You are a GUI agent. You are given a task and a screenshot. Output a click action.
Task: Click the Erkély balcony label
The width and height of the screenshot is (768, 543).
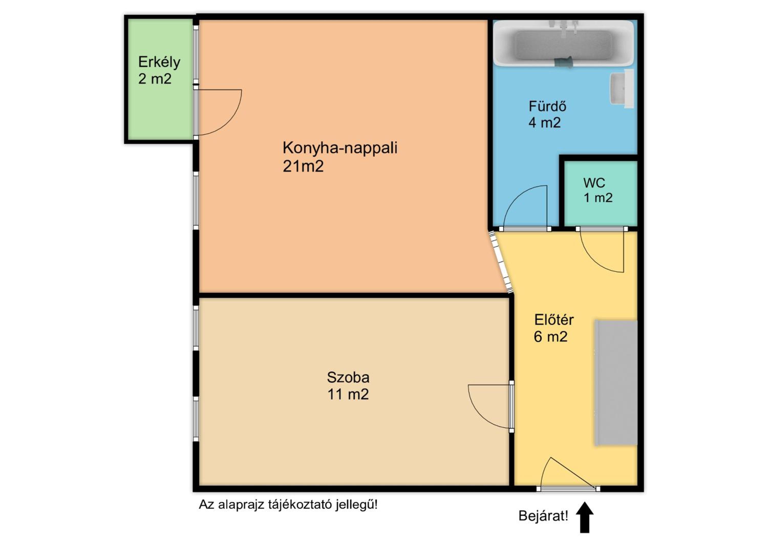coord(159,62)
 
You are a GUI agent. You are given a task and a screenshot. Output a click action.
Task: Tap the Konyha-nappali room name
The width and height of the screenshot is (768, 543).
coord(340,148)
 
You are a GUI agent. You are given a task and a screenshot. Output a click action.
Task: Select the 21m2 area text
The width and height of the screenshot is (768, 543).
coord(303,166)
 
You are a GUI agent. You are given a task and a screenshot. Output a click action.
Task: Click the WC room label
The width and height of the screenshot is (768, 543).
coord(594,183)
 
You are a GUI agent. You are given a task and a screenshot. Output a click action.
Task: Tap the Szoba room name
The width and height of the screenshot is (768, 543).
coord(348,377)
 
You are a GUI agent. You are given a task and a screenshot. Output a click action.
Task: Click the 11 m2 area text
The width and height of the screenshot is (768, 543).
coord(348,395)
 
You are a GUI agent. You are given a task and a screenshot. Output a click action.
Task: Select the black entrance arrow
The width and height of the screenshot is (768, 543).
coord(585,517)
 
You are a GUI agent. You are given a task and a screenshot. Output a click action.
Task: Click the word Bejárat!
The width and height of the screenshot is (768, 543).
coord(543,516)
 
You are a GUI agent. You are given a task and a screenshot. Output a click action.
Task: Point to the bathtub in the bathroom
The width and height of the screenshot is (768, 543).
coord(564,44)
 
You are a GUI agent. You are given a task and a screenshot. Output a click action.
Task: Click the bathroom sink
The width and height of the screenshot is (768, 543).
coord(622,89)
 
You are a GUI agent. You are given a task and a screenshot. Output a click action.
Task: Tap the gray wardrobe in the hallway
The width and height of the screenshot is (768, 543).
coord(616,383)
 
